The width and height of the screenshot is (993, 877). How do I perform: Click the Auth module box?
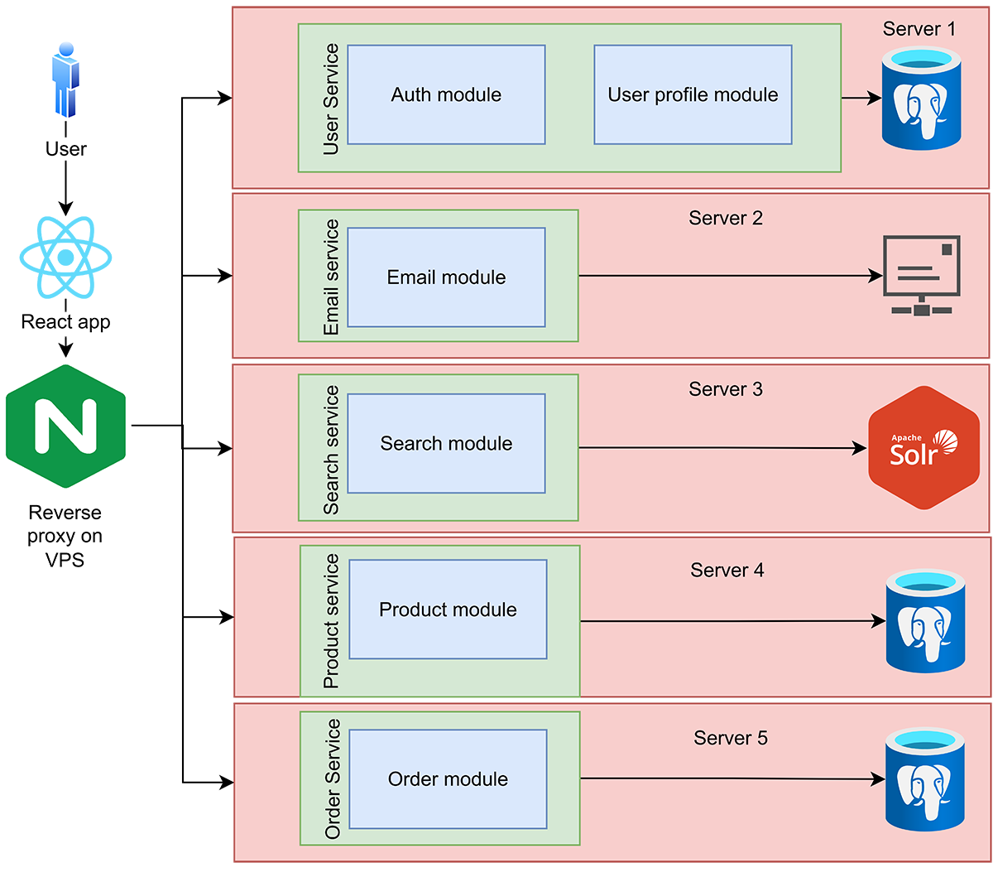(446, 94)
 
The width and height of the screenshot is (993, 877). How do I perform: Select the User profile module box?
(693, 94)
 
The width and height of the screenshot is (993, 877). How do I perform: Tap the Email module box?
(446, 277)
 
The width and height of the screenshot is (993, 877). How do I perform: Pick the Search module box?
(446, 443)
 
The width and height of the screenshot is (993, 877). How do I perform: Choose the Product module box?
(448, 610)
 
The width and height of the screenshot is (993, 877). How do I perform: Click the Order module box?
(448, 778)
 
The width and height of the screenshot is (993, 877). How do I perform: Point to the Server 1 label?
(919, 29)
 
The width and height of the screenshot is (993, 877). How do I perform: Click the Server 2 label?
(726, 218)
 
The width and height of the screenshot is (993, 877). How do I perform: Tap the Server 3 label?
(726, 389)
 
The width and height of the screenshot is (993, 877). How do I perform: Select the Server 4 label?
(727, 570)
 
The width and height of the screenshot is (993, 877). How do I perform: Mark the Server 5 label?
(731, 738)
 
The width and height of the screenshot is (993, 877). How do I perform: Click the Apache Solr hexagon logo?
(923, 448)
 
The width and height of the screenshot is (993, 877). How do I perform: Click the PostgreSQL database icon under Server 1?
(921, 99)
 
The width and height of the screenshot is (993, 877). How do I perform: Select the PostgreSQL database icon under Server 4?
(925, 620)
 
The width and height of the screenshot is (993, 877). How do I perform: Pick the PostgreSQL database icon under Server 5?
(925, 779)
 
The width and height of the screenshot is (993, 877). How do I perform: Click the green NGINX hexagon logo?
(66, 426)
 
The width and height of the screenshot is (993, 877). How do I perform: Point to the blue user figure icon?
(65, 80)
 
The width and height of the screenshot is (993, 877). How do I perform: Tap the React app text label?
(65, 321)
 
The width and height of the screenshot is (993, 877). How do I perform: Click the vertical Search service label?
(331, 450)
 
